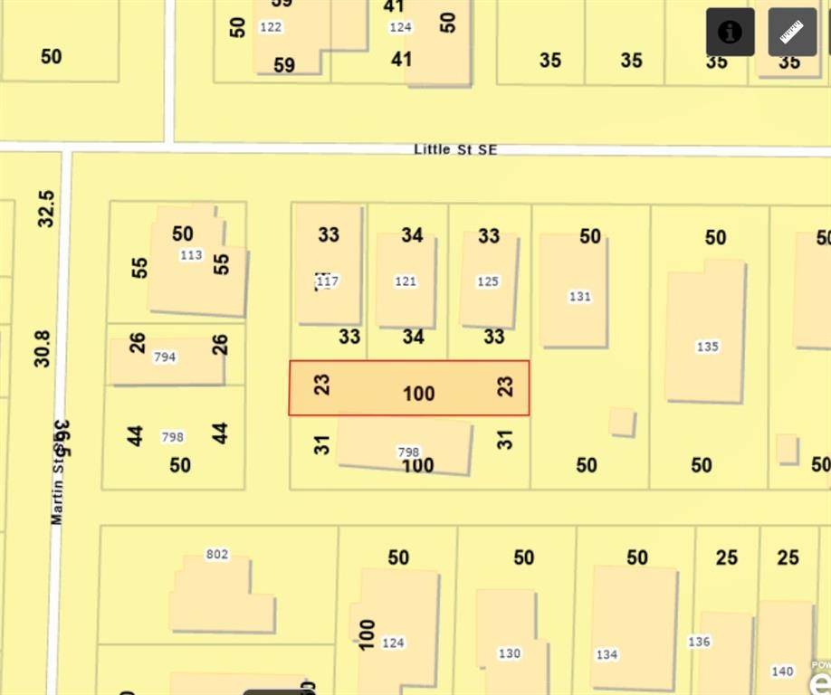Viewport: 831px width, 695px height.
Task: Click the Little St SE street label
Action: pyautogui.click(x=455, y=149)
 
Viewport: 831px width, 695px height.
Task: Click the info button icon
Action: pyautogui.click(x=730, y=33)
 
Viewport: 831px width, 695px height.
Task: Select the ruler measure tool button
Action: pyautogui.click(x=792, y=33)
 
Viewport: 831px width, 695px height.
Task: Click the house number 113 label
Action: pyautogui.click(x=191, y=255)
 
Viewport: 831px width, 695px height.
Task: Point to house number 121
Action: pyautogui.click(x=406, y=281)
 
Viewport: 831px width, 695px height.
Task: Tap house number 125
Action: pyautogui.click(x=488, y=281)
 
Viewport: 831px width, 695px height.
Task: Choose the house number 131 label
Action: pyautogui.click(x=579, y=296)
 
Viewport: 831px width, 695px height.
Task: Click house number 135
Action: pyautogui.click(x=707, y=347)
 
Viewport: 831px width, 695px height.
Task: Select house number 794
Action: pyautogui.click(x=165, y=357)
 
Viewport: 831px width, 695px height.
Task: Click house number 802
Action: pyautogui.click(x=217, y=555)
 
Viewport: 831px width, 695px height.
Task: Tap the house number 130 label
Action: pyautogui.click(x=510, y=653)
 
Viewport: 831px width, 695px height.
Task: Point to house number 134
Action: pyautogui.click(x=607, y=654)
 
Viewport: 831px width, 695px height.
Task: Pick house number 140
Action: pyautogui.click(x=782, y=671)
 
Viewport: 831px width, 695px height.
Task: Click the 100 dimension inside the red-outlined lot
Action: pyautogui.click(x=418, y=394)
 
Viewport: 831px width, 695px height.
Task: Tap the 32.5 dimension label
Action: pyautogui.click(x=46, y=208)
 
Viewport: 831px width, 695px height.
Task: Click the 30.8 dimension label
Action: pyautogui.click(x=43, y=348)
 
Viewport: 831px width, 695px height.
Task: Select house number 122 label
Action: pyautogui.click(x=271, y=27)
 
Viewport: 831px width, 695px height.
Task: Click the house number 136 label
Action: pyautogui.click(x=699, y=642)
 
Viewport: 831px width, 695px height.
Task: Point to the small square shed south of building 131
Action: pyautogui.click(x=622, y=422)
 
